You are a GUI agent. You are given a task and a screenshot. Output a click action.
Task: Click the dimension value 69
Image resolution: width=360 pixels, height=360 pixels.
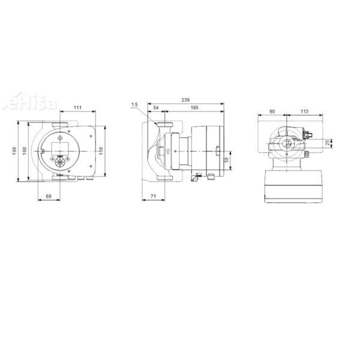48,196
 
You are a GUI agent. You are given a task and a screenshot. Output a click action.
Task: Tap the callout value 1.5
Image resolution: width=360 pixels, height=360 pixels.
134,105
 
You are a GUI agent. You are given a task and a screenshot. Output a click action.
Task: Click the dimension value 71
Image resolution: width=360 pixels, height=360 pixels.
154,196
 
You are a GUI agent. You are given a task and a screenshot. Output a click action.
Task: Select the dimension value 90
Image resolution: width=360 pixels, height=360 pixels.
272,110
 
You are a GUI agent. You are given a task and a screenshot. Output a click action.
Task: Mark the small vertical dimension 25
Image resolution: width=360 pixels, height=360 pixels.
327,143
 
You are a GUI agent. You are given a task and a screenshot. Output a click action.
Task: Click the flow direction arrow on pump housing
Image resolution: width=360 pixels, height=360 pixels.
169,151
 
